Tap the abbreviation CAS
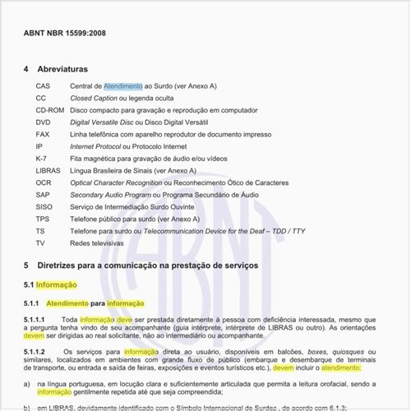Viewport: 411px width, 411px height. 43,85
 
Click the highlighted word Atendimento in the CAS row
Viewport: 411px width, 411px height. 123,85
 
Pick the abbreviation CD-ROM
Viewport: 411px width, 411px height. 49,109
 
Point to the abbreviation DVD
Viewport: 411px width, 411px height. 43,122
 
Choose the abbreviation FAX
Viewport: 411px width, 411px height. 43,134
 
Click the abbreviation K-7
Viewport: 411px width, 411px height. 41,158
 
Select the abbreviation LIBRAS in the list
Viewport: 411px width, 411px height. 48,170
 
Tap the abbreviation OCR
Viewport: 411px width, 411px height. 43,182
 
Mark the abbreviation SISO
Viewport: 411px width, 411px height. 44,206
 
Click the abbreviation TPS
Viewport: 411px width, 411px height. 43,219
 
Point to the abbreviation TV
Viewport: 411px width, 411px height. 40,243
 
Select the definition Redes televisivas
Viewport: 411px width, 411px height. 97,243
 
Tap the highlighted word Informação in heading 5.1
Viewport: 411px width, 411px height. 56,284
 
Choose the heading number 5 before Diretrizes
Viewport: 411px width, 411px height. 26,266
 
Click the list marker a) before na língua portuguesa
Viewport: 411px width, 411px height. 27,383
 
